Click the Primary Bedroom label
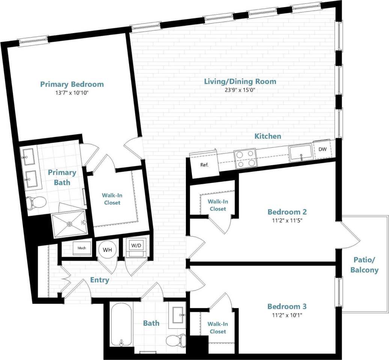pos(72,84)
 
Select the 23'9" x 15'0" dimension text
pos(240,90)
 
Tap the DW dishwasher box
pos(322,149)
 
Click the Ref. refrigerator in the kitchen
pos(204,165)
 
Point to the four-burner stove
pos(245,158)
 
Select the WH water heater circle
pos(107,250)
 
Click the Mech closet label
pos(81,248)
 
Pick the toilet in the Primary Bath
pos(36,203)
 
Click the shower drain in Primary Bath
pos(69,224)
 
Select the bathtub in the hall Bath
pos(121,325)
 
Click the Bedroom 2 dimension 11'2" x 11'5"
pos(285,220)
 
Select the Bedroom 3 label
pos(285,306)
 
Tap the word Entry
pos(100,280)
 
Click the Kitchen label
pos(268,136)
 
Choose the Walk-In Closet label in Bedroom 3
pos(218,328)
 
